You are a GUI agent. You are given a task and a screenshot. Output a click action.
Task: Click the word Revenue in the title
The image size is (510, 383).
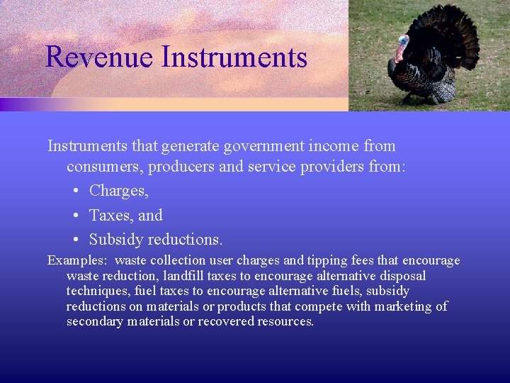click(99, 57)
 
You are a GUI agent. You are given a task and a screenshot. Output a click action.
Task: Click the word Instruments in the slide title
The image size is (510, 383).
click(234, 57)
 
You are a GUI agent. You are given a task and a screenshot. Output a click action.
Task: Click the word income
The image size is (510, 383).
click(337, 146)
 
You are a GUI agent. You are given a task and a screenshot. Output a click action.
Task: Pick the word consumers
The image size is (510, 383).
click(102, 167)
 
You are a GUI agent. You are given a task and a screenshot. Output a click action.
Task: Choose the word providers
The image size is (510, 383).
click(327, 167)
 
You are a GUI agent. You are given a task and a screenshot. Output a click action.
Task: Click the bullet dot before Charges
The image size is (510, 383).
click(75, 191)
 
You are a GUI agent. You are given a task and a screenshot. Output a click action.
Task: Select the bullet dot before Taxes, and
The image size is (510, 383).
click(75, 216)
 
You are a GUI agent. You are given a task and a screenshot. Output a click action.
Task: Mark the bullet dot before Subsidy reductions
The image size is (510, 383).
click(75, 240)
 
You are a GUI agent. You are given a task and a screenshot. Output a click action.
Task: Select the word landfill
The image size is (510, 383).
click(186, 276)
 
